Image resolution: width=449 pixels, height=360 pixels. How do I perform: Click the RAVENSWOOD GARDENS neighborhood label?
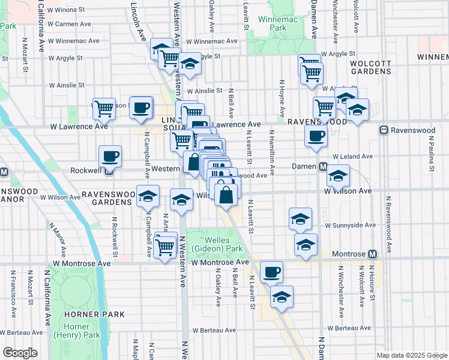[x=107, y=198]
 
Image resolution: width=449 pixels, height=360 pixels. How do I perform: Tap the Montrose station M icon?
[x=372, y=254]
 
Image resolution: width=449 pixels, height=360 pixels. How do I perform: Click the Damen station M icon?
[x=322, y=166]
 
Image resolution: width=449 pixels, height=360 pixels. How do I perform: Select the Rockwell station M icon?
[x=109, y=170]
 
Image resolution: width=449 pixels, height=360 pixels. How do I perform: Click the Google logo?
[x=20, y=353]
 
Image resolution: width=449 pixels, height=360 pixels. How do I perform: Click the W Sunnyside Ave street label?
[x=351, y=226]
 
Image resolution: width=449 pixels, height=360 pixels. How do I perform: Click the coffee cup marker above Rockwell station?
[x=110, y=156]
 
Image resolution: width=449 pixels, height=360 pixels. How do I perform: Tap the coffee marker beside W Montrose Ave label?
[x=271, y=272]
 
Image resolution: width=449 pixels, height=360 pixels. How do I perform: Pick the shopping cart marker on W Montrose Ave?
[x=164, y=247]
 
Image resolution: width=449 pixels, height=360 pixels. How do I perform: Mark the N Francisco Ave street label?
[x=12, y=293]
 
